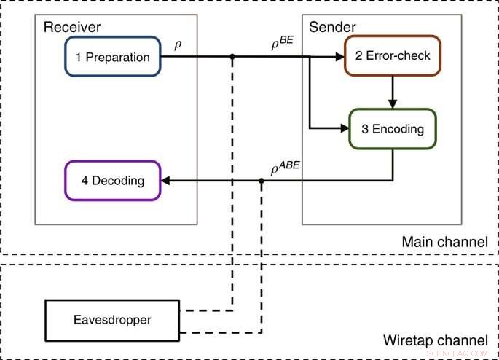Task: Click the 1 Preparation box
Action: tap(112, 57)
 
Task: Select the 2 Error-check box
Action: tap(388, 56)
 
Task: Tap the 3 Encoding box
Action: tap(393, 128)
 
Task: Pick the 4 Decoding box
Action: tap(112, 180)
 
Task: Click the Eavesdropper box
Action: tap(111, 319)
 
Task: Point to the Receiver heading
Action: tap(71, 28)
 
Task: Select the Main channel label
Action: tap(444, 242)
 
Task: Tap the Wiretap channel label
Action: tap(435, 340)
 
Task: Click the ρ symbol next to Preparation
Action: tap(178, 44)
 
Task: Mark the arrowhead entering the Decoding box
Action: tap(166, 181)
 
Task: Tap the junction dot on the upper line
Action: tap(232, 57)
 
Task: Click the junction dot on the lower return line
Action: tap(261, 181)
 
